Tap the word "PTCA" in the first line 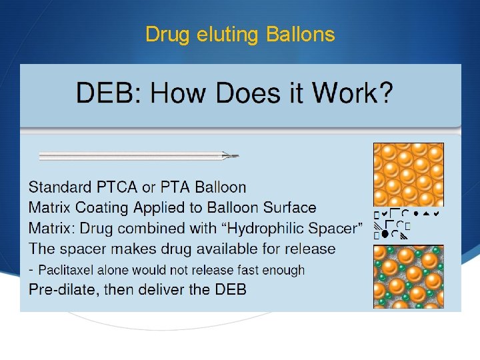129,187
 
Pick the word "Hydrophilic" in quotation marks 266,229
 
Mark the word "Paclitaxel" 73,270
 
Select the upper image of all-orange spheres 408,175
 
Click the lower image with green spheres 408,277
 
